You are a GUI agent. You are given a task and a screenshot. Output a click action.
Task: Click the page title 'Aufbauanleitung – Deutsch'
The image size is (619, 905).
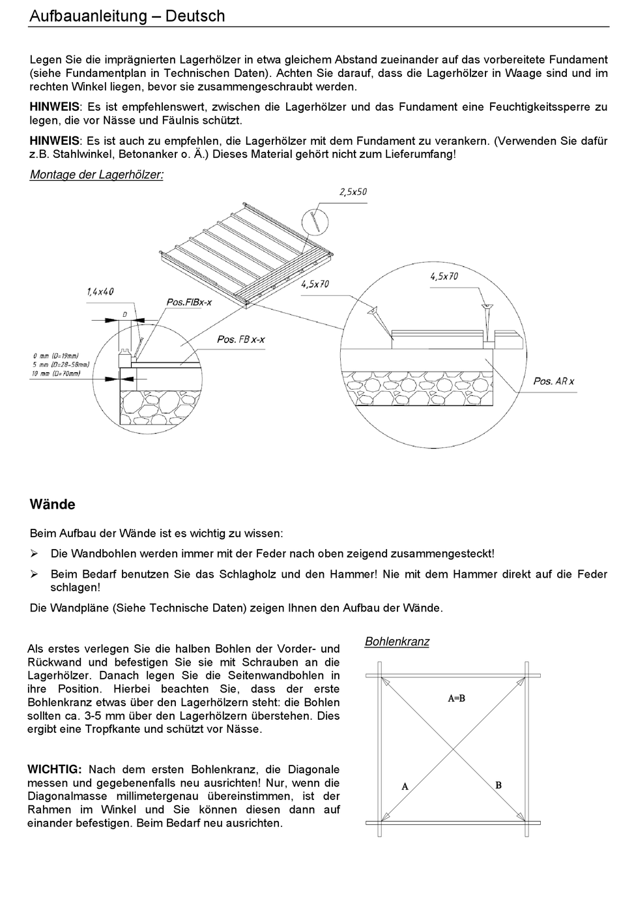coord(127,16)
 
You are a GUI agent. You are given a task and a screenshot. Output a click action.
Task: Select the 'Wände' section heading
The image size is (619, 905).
coord(52,505)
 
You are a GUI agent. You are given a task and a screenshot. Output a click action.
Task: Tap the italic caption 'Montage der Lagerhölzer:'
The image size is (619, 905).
coord(96,175)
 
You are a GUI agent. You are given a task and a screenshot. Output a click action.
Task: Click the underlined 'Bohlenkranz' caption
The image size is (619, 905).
coord(397,642)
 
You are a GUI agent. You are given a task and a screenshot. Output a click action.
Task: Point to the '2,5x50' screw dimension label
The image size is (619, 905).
coord(353,192)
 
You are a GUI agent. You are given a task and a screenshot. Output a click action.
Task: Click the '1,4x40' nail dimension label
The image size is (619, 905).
coord(100,292)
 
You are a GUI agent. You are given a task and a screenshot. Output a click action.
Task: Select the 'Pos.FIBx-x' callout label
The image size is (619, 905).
coord(189,303)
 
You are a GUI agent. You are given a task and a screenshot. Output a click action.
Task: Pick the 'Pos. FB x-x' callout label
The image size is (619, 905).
coord(240,340)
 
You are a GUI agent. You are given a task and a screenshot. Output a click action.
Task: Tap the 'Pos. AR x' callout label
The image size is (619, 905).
coord(554,381)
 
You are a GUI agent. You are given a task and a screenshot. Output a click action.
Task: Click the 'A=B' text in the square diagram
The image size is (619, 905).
coord(456,698)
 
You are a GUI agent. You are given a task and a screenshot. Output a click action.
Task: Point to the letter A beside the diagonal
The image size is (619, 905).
coord(405,787)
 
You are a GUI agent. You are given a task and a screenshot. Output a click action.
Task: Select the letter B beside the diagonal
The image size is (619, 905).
coord(498,785)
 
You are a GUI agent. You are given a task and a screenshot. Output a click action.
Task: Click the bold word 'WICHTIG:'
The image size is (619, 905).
coord(55,770)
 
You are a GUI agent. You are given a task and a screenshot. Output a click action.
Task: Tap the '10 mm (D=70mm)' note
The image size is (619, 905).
coord(57,374)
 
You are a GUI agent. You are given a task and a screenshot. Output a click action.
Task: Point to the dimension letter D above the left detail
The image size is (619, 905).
coord(124,315)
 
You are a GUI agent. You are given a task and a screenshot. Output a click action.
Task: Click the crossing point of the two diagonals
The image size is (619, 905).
coord(453,750)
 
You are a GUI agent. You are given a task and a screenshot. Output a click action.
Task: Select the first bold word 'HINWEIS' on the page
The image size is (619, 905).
coord(54,107)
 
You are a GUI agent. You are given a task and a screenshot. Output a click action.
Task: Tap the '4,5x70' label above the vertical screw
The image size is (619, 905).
coord(444,276)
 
